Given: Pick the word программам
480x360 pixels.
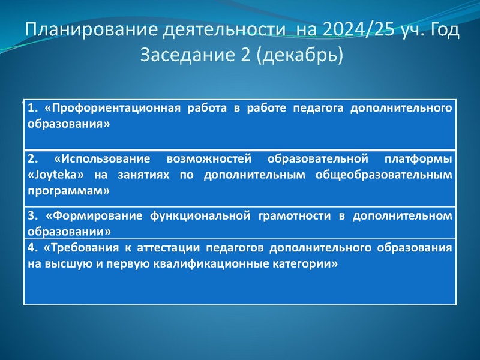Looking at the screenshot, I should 68,190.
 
